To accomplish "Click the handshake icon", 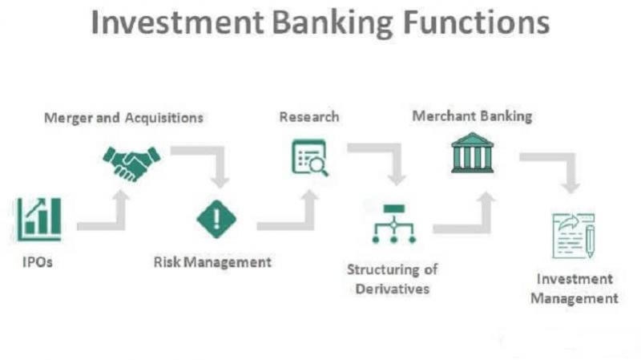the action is pyautogui.click(x=131, y=164).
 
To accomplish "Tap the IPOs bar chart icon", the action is pyautogui.click(x=38, y=219).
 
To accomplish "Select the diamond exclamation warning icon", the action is pyautogui.click(x=216, y=219).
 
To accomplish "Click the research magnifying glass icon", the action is pyautogui.click(x=309, y=157).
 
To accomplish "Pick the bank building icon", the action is pyautogui.click(x=472, y=152).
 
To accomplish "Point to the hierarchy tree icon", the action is pyautogui.click(x=393, y=224).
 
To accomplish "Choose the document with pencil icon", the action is pyautogui.click(x=573, y=236).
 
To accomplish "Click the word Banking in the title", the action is pyautogui.click(x=333, y=23).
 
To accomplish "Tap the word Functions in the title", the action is pyautogui.click(x=476, y=22).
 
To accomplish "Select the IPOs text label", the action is pyautogui.click(x=38, y=262).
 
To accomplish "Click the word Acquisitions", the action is pyautogui.click(x=164, y=118).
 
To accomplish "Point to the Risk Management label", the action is pyautogui.click(x=212, y=262).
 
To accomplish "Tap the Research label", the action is pyautogui.click(x=309, y=117).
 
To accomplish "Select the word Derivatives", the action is pyautogui.click(x=393, y=289).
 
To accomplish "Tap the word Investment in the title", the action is pyautogui.click(x=177, y=22).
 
